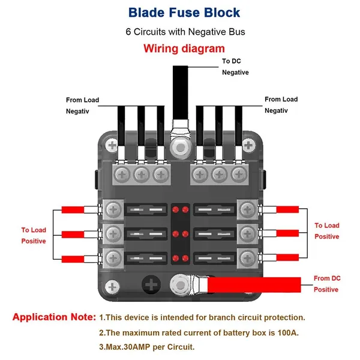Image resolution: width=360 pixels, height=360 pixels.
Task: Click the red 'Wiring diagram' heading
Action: [x=184, y=48]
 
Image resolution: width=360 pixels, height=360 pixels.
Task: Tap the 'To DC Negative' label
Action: [x=235, y=67]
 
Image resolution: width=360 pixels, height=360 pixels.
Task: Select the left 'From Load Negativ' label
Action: [x=82, y=105]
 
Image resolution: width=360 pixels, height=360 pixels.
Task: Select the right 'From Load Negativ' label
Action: [x=281, y=104]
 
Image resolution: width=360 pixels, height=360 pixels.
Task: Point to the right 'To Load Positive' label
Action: [x=327, y=231]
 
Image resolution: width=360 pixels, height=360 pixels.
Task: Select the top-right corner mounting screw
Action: [x=248, y=145]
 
